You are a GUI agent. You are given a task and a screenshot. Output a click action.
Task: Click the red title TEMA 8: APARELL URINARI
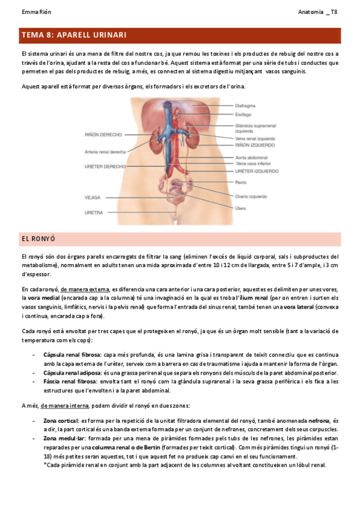tap(73, 35)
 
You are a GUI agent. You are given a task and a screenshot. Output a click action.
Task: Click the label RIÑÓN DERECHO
tap(103, 135)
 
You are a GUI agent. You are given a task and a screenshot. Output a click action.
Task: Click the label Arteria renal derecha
tap(105, 152)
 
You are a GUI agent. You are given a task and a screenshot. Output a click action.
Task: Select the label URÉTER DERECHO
tap(105, 166)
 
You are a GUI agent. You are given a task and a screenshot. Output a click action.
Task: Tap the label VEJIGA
tap(93, 197)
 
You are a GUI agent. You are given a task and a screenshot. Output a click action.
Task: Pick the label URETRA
tap(93, 212)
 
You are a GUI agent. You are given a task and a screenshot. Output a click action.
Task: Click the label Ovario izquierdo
tap(252, 196)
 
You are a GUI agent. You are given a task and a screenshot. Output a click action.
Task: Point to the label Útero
tap(240, 207)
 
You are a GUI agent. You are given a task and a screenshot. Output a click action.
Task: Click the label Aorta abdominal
tap(251, 156)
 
